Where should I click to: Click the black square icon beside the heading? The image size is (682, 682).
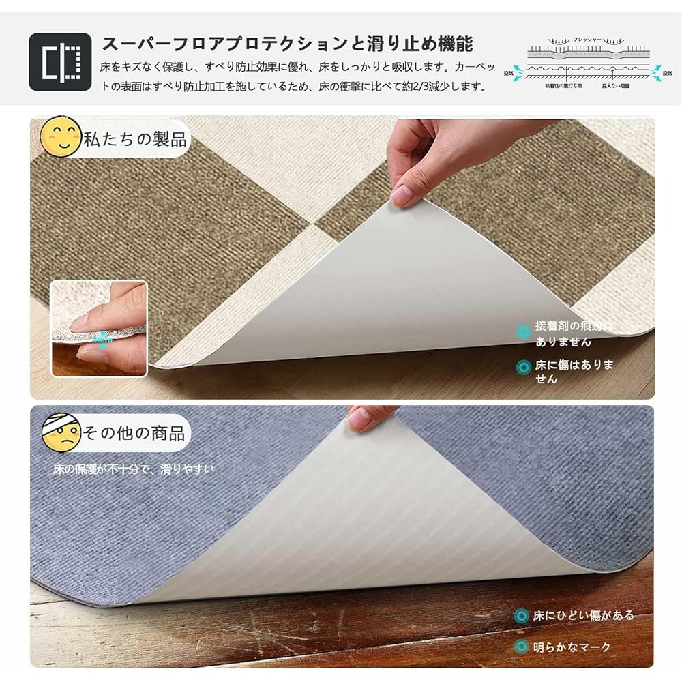click(x=60, y=62)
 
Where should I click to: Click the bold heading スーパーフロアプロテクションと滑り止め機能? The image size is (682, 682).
click(x=287, y=45)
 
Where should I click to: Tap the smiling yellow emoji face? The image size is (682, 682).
click(x=61, y=137)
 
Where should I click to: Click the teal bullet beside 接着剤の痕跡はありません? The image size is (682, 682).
click(x=524, y=333)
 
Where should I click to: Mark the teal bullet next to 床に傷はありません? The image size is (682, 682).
click(x=524, y=366)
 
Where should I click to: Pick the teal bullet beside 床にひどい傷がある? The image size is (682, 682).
click(x=522, y=616)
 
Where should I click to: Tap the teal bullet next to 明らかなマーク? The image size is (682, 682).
click(x=522, y=647)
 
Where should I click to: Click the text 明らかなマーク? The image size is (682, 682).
click(x=572, y=647)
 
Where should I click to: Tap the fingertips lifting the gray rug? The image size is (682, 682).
click(x=368, y=417)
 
